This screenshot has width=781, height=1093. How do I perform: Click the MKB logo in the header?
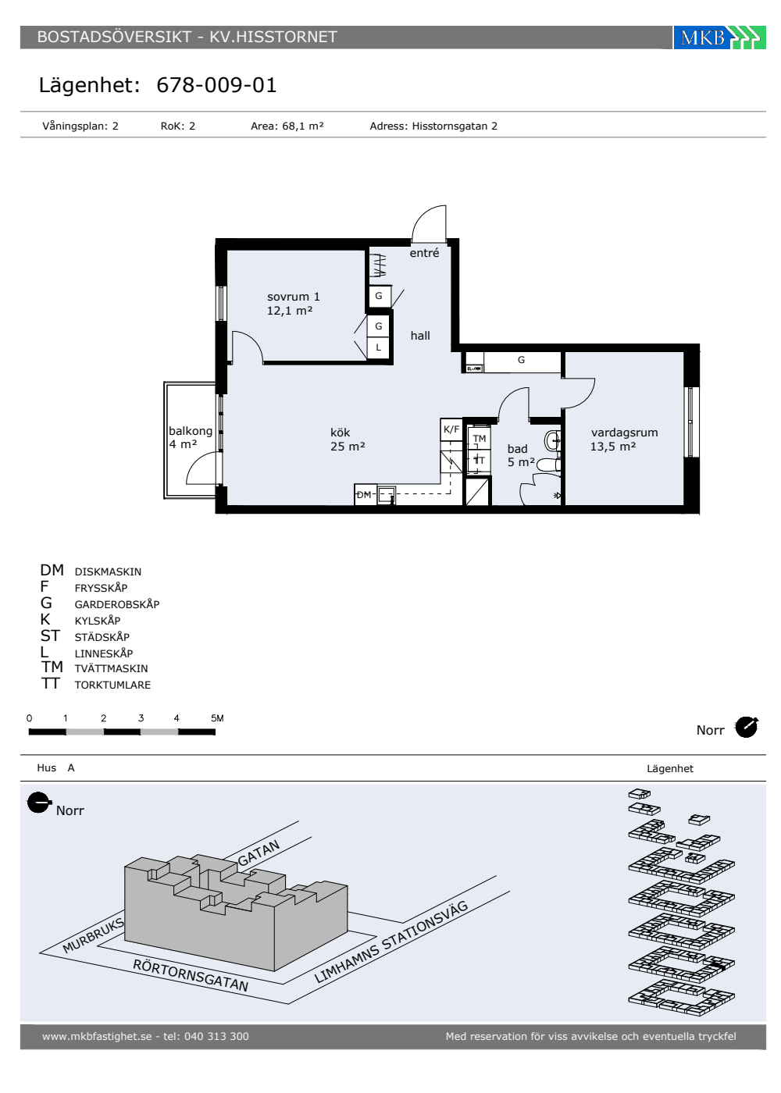click(719, 37)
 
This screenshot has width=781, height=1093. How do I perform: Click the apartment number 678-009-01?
click(216, 85)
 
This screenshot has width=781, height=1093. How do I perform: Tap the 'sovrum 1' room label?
click(293, 297)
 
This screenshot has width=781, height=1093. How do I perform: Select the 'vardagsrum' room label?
click(624, 433)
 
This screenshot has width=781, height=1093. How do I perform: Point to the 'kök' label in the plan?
click(341, 433)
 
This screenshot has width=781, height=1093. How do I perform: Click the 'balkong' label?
click(191, 431)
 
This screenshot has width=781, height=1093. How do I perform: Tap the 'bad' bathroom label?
click(517, 449)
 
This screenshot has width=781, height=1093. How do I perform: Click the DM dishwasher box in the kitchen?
click(366, 494)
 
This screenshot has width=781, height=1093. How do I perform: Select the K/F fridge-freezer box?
click(451, 429)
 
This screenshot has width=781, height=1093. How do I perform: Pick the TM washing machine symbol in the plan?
click(480, 438)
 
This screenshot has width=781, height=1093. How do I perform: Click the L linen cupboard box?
click(378, 348)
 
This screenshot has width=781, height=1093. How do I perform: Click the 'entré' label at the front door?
click(424, 253)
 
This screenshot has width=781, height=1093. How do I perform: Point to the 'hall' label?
click(420, 336)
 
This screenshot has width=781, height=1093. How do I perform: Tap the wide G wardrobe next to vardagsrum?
click(522, 361)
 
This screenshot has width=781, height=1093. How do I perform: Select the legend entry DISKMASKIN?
click(108, 571)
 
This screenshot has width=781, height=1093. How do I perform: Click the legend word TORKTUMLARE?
click(112, 685)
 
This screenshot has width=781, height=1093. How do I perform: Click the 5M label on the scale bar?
click(217, 718)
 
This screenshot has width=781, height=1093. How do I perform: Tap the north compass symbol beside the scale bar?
click(747, 728)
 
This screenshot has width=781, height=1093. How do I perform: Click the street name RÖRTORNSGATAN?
click(191, 975)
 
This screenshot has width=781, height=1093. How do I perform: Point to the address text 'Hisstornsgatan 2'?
click(455, 126)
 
